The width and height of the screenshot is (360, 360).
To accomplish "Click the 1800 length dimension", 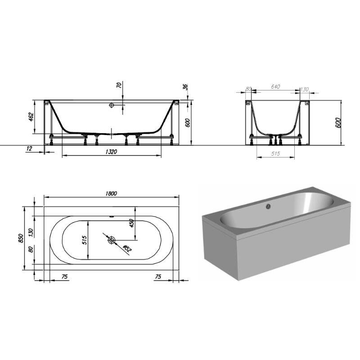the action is (x=111, y=193).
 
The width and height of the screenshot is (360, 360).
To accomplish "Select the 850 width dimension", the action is (x=20, y=238).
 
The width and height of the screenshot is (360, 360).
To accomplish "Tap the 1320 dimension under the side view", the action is (x=111, y=152).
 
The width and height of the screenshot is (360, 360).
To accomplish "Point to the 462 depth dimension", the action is (x=31, y=117).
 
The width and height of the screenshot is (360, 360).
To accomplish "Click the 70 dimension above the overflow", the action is (x=119, y=85).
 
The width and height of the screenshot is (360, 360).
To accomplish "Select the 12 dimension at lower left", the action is (x=29, y=148).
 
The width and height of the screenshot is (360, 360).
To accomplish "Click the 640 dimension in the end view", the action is (x=275, y=87).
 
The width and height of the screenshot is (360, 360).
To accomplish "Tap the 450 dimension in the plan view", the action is (x=131, y=223).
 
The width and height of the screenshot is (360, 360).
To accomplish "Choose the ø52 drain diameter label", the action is (x=127, y=248).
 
